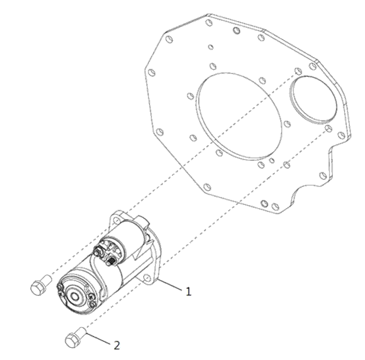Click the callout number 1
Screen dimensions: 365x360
tap(188, 291)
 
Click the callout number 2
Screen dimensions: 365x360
tap(117, 345)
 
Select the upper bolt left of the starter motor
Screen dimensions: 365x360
tap(41, 285)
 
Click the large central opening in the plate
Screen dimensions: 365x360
tap(239, 117)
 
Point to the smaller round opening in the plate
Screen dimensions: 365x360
tap(314, 100)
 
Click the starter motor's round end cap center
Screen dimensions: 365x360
tap(75, 297)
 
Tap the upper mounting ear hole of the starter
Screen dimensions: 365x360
tap(116, 219)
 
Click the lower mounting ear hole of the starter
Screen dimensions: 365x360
tap(147, 277)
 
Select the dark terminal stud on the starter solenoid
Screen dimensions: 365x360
tap(112, 261)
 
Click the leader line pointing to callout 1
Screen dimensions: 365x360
tap(170, 285)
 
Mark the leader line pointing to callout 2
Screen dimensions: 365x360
tap(98, 338)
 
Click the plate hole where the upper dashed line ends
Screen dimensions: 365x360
tap(298, 71)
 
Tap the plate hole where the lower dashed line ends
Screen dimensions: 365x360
tap(328, 128)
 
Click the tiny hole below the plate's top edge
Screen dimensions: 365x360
tap(211, 47)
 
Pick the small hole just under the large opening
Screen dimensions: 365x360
tap(272, 160)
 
